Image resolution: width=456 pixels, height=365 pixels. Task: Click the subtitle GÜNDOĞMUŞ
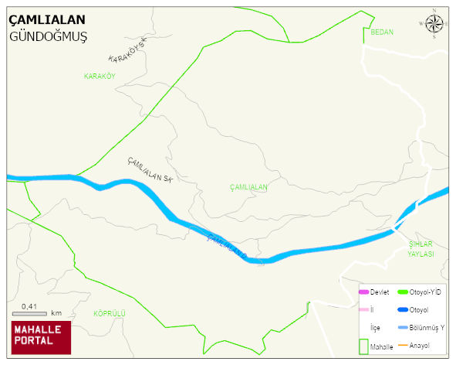[48, 36]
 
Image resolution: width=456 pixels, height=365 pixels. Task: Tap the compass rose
[434, 25]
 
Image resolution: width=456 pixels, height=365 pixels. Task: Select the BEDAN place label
[382, 32]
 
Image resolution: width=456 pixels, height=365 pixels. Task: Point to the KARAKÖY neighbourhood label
[100, 76]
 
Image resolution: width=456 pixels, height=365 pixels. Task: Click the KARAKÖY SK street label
[127, 53]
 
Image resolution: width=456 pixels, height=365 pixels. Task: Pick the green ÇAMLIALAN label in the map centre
[248, 188]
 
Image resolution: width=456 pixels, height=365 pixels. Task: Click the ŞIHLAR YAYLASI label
[421, 249]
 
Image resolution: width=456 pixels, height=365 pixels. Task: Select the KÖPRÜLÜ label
[109, 313]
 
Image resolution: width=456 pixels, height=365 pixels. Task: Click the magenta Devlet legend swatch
[363, 292]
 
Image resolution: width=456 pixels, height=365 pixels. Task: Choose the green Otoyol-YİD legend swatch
[402, 292]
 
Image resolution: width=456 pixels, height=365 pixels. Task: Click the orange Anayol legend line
[402, 345]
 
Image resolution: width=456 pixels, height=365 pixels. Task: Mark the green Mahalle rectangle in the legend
[363, 347]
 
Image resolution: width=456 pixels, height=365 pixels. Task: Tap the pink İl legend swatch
[363, 310]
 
